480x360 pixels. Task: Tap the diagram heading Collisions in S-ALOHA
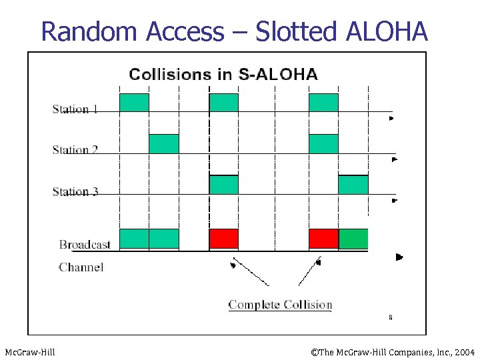(x=223, y=74)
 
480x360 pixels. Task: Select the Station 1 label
(x=75, y=109)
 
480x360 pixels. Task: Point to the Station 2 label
(x=75, y=149)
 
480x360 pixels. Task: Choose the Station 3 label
(x=75, y=191)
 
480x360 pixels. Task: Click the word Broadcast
(x=85, y=245)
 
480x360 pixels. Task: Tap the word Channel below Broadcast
(x=81, y=267)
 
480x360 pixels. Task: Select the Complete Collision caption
(x=280, y=305)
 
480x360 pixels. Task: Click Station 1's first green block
(x=134, y=103)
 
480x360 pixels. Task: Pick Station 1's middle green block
(x=223, y=103)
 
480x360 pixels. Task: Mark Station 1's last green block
(x=323, y=103)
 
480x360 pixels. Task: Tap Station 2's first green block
(x=163, y=144)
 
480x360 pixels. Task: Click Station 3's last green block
(x=353, y=185)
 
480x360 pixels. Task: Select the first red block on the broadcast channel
(x=223, y=239)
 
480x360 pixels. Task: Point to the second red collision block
(x=323, y=239)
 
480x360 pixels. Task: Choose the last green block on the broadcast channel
(x=353, y=239)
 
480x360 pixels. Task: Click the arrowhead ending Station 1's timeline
(x=392, y=119)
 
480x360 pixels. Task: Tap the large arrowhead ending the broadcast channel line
(x=399, y=257)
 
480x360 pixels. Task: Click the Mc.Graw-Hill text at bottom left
(x=30, y=351)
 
